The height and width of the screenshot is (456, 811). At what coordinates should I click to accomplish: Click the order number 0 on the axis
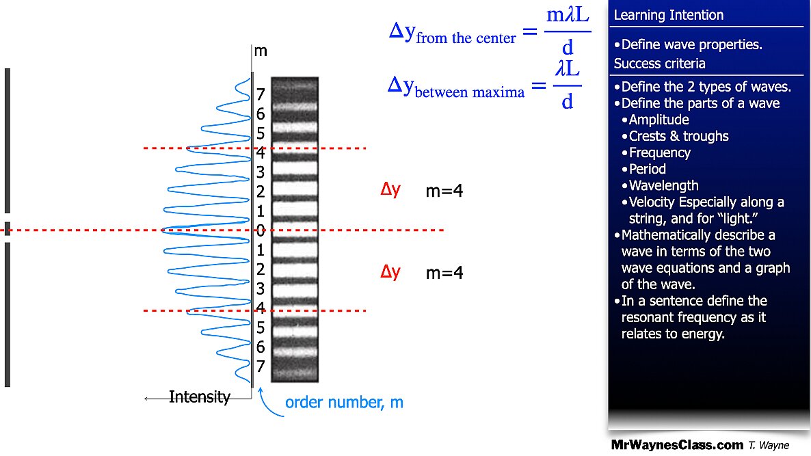[261, 230]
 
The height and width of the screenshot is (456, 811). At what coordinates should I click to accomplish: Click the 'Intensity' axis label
[200, 397]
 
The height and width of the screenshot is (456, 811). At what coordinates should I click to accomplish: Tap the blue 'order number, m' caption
[344, 402]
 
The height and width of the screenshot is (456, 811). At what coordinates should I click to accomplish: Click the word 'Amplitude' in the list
[659, 120]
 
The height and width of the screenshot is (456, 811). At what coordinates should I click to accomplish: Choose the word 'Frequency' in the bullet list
[660, 152]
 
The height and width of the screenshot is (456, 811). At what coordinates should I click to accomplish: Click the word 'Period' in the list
[648, 169]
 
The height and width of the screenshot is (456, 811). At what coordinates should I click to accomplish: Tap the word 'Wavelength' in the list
[664, 185]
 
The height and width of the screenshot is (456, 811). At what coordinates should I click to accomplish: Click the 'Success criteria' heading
[660, 64]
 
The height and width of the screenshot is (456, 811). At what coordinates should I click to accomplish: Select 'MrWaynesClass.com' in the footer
[677, 445]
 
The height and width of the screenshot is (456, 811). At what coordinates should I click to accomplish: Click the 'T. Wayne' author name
[769, 446]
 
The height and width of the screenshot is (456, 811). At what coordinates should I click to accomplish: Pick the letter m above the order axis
[261, 51]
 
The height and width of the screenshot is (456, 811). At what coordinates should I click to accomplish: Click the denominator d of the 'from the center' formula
[568, 48]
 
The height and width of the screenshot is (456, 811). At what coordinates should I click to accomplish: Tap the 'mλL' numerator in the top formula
[568, 16]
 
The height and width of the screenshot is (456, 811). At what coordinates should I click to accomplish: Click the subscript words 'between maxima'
[470, 91]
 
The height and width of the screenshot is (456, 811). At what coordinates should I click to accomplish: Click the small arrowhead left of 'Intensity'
[147, 398]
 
